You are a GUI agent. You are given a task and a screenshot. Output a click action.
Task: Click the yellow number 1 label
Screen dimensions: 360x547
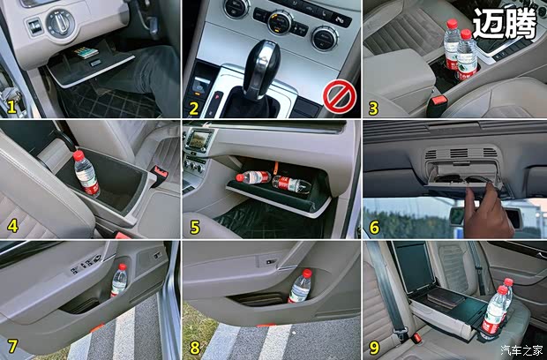12,107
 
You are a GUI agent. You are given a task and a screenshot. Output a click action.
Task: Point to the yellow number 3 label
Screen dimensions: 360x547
373,108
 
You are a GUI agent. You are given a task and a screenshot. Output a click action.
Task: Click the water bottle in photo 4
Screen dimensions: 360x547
86,174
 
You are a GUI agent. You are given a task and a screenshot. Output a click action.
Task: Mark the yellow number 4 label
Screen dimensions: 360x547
13,226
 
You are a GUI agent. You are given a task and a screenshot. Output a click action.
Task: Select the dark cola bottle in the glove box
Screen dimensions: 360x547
293,184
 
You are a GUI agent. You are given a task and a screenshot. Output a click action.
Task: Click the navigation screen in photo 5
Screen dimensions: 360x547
199,139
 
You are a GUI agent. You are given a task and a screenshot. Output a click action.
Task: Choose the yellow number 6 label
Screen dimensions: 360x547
374,227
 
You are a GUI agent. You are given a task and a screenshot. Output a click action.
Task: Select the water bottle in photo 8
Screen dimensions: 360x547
301,286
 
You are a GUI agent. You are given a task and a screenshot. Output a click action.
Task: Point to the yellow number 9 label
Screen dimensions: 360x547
373,346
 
